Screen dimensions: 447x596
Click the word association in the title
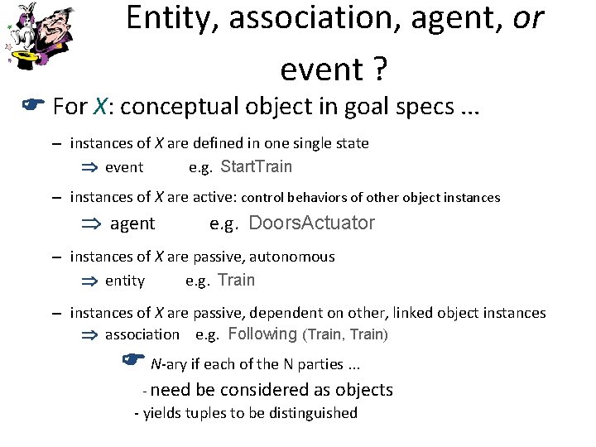tap(293, 18)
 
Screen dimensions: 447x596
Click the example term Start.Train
tap(257, 166)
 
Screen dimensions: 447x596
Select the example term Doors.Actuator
tap(311, 223)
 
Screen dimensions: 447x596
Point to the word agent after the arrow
tap(132, 223)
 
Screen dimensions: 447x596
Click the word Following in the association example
tap(262, 334)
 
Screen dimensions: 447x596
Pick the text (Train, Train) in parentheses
tap(346, 334)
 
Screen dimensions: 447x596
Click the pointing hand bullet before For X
tap(31, 105)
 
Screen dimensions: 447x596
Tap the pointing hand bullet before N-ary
tap(132, 359)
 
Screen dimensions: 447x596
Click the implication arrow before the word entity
tap(89, 281)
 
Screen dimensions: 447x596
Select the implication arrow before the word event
tap(89, 167)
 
